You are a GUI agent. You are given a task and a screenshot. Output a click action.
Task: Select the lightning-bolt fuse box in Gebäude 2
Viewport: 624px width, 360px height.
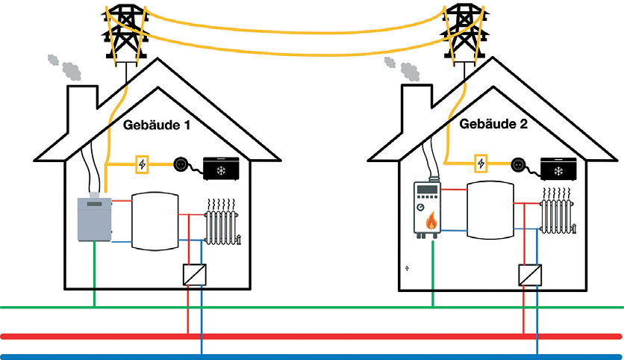pos(481,163)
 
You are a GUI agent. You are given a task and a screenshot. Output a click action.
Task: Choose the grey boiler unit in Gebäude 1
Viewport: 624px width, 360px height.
pos(95,220)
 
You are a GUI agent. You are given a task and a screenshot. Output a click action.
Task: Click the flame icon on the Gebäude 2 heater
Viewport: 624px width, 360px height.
pos(431,220)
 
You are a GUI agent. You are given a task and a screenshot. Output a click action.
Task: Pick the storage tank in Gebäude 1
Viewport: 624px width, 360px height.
pos(155,223)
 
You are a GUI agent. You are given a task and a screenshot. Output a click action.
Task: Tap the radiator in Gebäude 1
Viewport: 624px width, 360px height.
pos(223,223)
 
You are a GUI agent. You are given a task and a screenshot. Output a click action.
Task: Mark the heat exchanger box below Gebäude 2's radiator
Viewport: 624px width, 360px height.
pos(528,274)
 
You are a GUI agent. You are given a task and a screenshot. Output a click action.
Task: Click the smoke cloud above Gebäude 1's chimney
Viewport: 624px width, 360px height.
pos(66,66)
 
